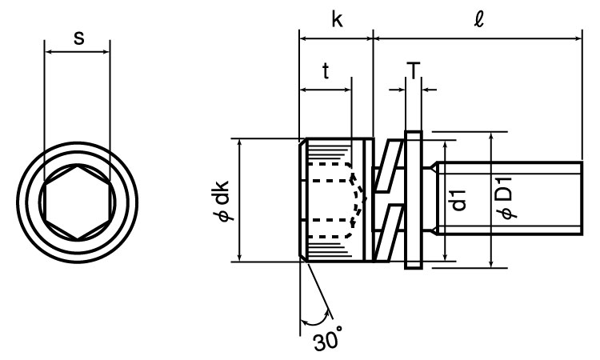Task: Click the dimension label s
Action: click(x=78, y=38)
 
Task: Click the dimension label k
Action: click(x=337, y=20)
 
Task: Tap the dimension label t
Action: click(x=326, y=70)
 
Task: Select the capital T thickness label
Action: click(x=413, y=71)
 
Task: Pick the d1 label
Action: click(x=458, y=199)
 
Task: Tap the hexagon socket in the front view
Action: click(x=78, y=199)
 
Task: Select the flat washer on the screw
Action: click(x=414, y=199)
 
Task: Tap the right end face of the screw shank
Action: click(x=580, y=199)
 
